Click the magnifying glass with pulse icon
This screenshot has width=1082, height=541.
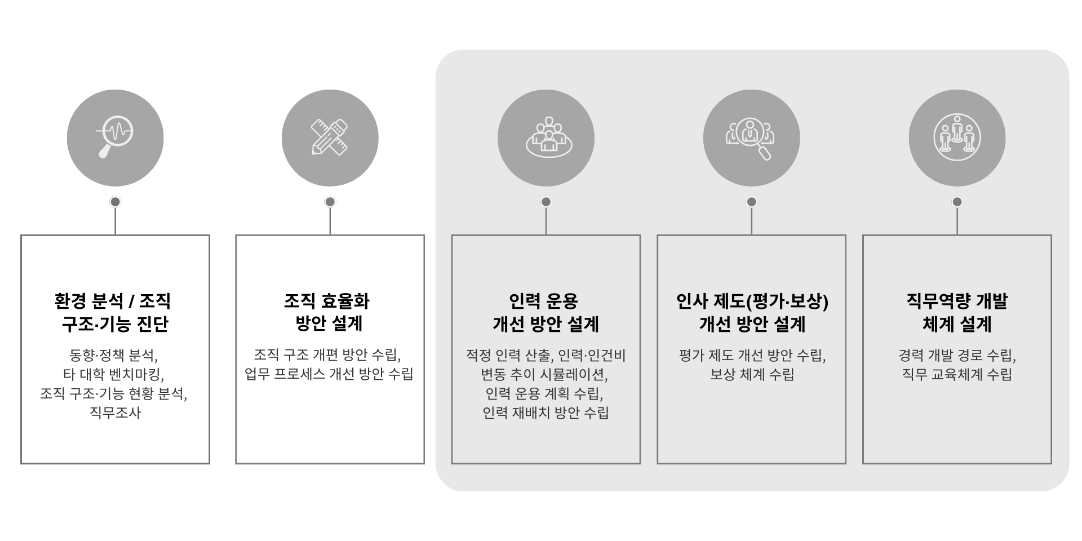[x=115, y=137]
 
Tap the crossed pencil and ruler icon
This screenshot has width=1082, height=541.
[x=330, y=137]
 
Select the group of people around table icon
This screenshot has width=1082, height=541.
[x=549, y=137]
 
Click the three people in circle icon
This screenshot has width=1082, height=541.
[x=957, y=137]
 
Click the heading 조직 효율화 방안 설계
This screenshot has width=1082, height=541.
[x=327, y=312]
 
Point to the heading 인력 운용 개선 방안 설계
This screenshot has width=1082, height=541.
[x=546, y=312]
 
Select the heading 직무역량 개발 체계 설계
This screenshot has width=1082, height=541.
[x=957, y=312]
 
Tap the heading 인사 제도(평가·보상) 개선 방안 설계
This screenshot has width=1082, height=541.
[x=752, y=312]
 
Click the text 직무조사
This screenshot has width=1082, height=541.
[x=115, y=413]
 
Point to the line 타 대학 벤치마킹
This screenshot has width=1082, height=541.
[x=113, y=374]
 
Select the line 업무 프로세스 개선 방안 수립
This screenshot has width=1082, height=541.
[x=329, y=374]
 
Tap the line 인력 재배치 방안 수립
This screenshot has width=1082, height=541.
[x=546, y=413]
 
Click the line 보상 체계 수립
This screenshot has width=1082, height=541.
[x=752, y=374]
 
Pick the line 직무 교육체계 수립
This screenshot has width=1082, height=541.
[x=957, y=374]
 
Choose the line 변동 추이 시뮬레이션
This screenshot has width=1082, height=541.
[x=544, y=374]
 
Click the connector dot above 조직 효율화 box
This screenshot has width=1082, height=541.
[x=330, y=202]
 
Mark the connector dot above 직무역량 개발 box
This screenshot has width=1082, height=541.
[x=957, y=202]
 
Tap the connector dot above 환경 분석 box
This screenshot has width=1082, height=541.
[x=115, y=202]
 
